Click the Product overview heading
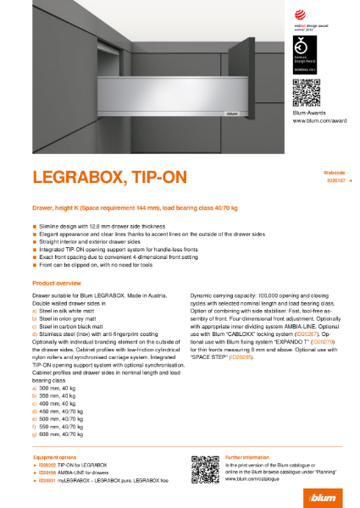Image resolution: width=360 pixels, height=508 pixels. [57, 281]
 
